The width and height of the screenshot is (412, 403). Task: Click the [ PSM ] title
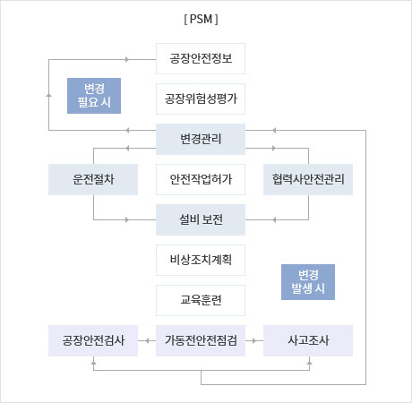pos(201,20)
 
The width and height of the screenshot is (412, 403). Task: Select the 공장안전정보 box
pos(201,58)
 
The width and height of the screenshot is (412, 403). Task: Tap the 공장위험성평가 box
pos(201,99)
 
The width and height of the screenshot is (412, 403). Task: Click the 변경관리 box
pos(201,139)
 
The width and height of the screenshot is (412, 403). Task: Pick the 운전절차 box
pos(93,179)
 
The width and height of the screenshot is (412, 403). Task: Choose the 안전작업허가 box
pos(201,179)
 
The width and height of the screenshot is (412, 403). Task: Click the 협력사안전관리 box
pos(308,179)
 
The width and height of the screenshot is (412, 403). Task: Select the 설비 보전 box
pos(201,219)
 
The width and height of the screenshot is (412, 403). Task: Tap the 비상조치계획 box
pos(201,260)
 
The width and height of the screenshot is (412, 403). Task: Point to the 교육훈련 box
pos(201,300)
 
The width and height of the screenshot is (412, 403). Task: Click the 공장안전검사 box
pos(93,340)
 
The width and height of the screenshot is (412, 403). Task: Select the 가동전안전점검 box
pos(201,340)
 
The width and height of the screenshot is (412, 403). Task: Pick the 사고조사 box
pos(308,340)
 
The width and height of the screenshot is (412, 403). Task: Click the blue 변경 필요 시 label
pos(94,96)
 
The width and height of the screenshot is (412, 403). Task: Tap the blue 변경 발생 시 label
pos(308,282)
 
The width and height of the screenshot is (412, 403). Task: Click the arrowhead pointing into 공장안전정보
pos(127,59)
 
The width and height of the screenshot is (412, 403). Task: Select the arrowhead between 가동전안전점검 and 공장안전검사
pos(147,340)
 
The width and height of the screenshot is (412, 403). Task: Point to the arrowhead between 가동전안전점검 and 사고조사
pos(254,340)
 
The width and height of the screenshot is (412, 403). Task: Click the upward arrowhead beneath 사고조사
pos(309,363)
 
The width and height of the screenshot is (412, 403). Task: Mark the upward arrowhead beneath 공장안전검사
pos(93,363)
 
